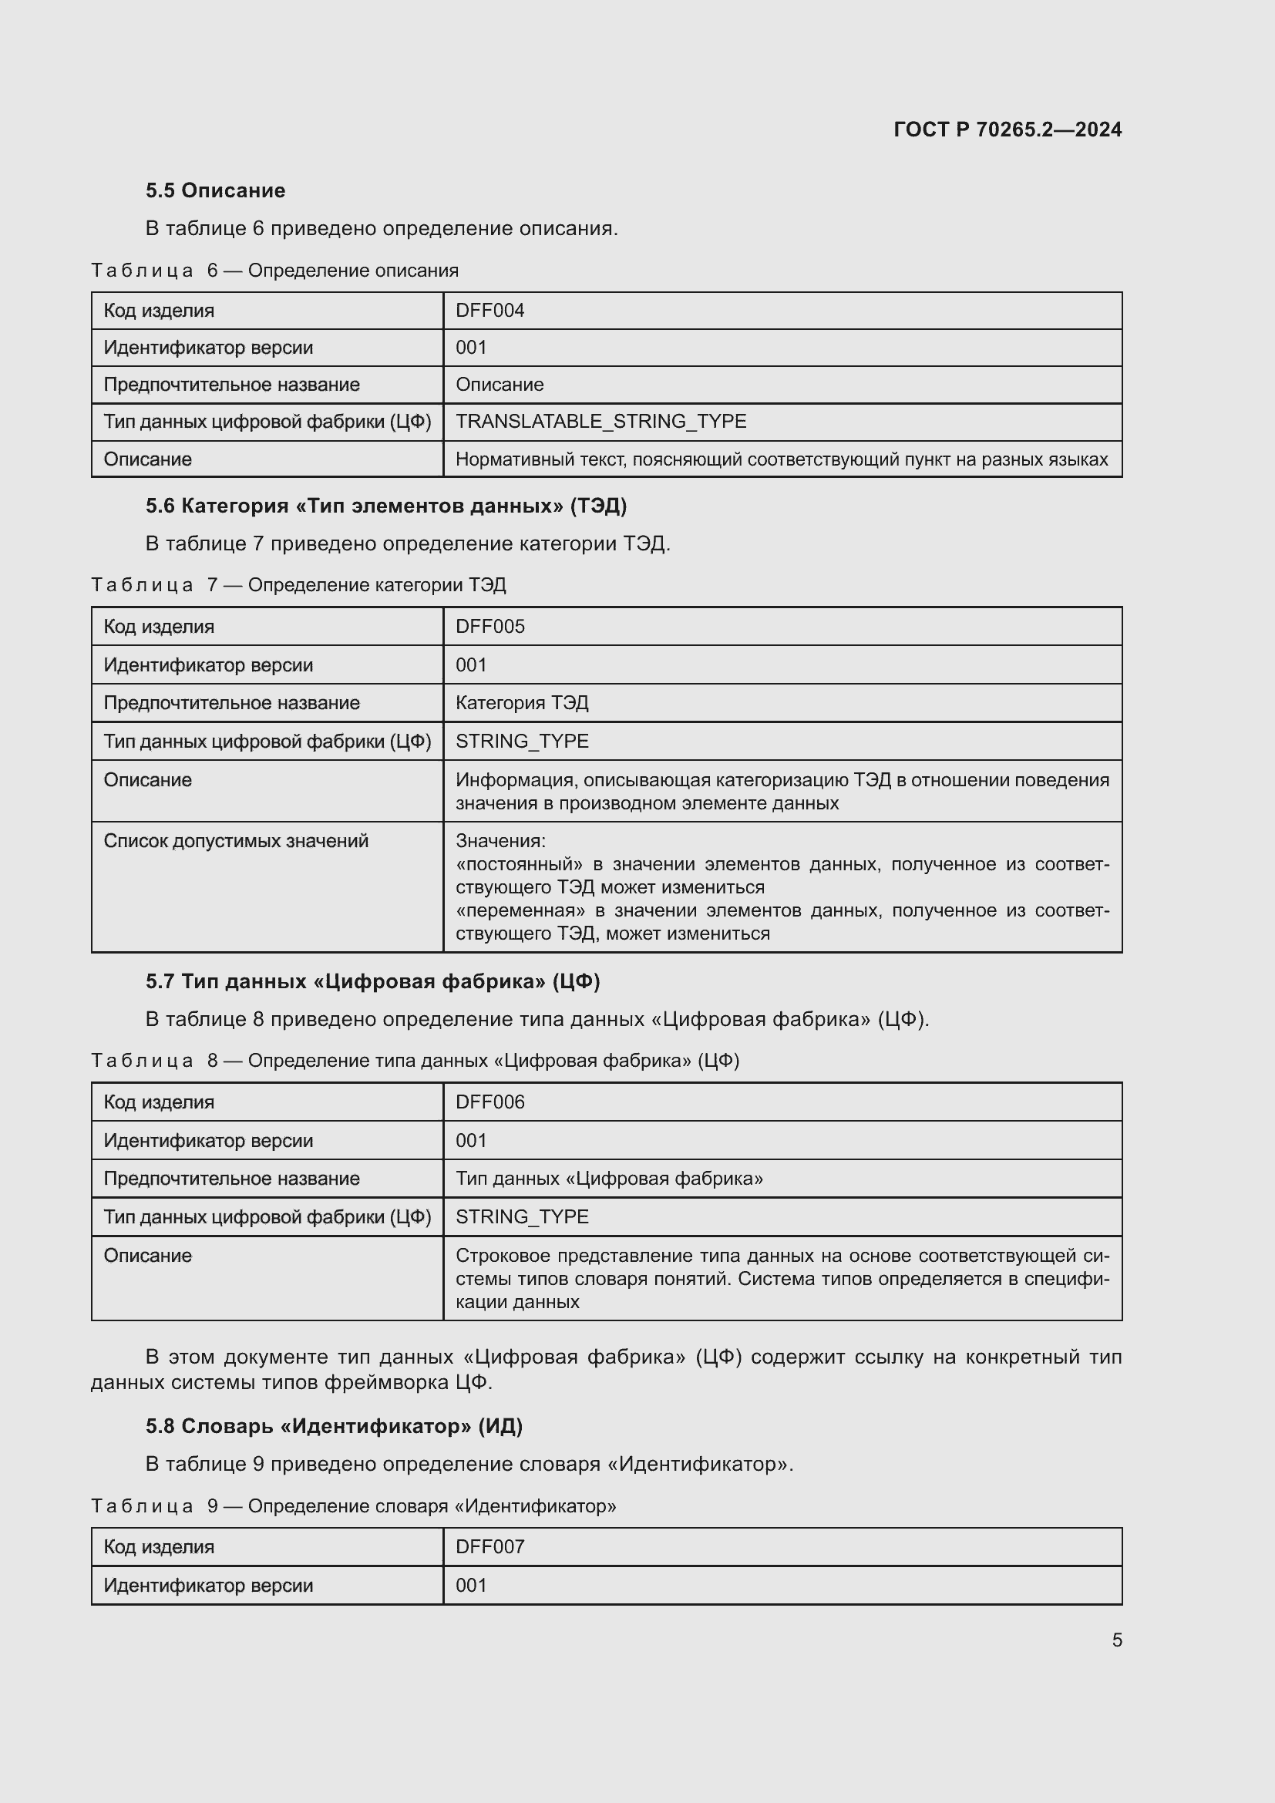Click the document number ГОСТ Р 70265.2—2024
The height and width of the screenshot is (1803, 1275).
pos(1008,130)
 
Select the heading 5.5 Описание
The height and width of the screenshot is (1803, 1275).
pos(215,190)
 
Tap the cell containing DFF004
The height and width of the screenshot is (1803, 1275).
pos(490,310)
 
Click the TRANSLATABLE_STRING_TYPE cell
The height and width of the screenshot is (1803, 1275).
pos(600,422)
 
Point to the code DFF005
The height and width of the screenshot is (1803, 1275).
pos(490,627)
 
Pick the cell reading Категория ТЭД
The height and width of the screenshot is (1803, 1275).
pos(522,703)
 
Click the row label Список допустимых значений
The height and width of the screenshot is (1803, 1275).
pos(236,841)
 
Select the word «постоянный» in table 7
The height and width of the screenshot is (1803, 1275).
pos(519,865)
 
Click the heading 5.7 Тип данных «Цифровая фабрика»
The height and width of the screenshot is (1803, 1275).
pos(372,981)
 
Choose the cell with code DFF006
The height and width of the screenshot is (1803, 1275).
pos(490,1102)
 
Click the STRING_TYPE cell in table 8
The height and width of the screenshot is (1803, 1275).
pos(522,1216)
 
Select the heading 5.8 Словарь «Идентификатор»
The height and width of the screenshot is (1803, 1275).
pos(334,1426)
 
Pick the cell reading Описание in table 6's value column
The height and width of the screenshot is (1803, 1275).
pos(500,385)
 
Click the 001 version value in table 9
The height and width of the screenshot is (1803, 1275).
pos(471,1585)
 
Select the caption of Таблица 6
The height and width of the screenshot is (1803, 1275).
pos(274,271)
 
